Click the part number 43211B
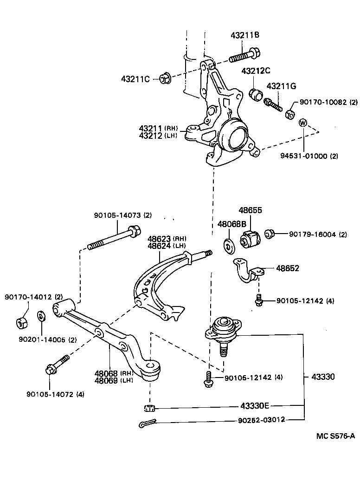(244, 36)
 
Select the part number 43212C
(255, 71)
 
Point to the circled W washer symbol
(302, 123)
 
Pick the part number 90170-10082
(322, 103)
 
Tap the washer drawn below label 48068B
(228, 246)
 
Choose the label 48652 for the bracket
(288, 268)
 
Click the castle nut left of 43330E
(149, 408)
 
